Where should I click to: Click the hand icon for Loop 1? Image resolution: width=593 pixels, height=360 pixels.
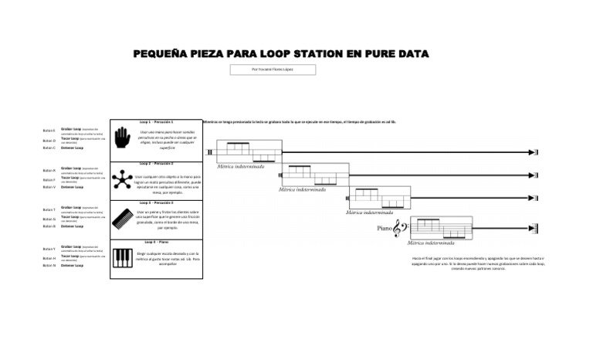(123, 139)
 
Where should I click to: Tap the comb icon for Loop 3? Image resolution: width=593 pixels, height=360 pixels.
(123, 218)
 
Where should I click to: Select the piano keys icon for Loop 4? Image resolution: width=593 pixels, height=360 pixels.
(123, 258)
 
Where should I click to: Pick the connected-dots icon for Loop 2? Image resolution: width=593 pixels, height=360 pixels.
(123, 179)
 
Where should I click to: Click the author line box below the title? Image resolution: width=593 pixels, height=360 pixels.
(273, 70)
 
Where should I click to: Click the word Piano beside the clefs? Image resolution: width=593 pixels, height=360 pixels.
(385, 228)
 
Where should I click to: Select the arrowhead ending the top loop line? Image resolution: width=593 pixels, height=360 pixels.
(534, 153)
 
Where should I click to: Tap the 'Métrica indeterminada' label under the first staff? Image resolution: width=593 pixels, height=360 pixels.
(241, 166)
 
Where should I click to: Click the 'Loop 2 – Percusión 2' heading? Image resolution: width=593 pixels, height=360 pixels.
(157, 164)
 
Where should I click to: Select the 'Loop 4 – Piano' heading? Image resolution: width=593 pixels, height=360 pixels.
(156, 243)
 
